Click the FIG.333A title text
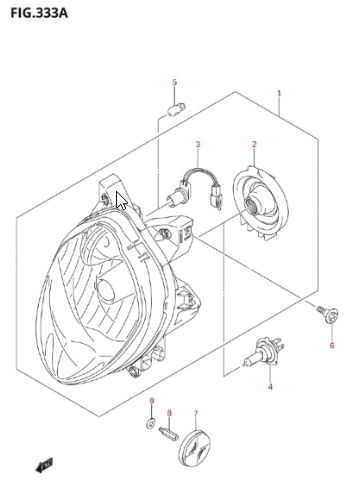pyautogui.click(x=39, y=13)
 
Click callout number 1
pyautogui.click(x=279, y=93)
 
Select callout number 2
pyautogui.click(x=254, y=144)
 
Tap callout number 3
pyautogui.click(x=198, y=144)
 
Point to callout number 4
pyautogui.click(x=270, y=387)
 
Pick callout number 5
pyautogui.click(x=175, y=82)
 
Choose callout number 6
pyautogui.click(x=332, y=345)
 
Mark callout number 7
pyautogui.click(x=196, y=413)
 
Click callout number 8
pyautogui.click(x=169, y=413)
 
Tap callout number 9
pyautogui.click(x=152, y=401)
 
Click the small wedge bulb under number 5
pyautogui.click(x=176, y=108)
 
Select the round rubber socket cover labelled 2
pyautogui.click(x=260, y=203)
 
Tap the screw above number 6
pyautogui.click(x=328, y=314)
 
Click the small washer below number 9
pyautogui.click(x=151, y=423)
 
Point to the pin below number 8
pyautogui.click(x=168, y=434)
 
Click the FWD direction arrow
pyautogui.click(x=44, y=465)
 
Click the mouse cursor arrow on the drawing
pyautogui.click(x=121, y=200)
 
